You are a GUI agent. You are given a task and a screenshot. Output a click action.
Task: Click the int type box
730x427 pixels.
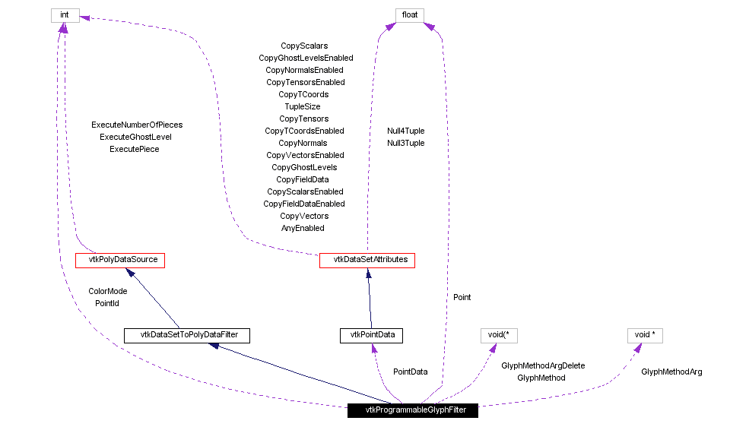click(x=65, y=15)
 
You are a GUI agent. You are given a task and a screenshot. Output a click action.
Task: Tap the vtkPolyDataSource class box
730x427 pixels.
click(x=120, y=260)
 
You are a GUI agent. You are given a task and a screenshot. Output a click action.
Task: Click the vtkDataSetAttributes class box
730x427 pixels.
click(x=367, y=260)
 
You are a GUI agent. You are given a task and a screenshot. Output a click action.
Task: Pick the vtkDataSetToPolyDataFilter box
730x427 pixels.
click(x=186, y=334)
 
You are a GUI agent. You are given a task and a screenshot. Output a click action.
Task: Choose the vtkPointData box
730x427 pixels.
click(x=371, y=334)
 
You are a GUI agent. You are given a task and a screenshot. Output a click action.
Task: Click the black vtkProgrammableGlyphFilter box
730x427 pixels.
click(x=413, y=410)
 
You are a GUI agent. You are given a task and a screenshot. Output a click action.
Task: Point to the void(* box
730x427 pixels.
click(x=498, y=334)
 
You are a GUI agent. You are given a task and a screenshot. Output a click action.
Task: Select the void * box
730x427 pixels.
click(x=645, y=334)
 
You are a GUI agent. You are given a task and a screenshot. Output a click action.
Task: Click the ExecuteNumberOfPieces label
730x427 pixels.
click(x=137, y=125)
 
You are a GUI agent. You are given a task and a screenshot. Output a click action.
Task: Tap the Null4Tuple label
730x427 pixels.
click(x=405, y=131)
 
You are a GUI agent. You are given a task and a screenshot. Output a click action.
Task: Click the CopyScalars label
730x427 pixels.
click(x=304, y=46)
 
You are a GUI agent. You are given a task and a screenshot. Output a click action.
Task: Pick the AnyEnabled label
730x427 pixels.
click(x=303, y=228)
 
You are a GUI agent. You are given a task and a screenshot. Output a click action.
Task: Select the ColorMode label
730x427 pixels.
click(x=107, y=291)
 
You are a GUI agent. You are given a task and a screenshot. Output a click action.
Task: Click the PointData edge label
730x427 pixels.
click(x=410, y=372)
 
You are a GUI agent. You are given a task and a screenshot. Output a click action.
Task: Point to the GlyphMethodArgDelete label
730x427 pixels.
click(x=543, y=365)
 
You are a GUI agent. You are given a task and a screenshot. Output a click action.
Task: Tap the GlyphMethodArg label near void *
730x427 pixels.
click(x=671, y=372)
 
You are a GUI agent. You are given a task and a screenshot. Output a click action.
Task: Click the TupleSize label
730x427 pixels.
click(x=303, y=106)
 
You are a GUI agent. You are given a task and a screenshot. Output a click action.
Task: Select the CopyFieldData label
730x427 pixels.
click(x=303, y=179)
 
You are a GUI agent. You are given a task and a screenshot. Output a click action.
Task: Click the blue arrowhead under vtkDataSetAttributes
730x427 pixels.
click(x=367, y=273)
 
